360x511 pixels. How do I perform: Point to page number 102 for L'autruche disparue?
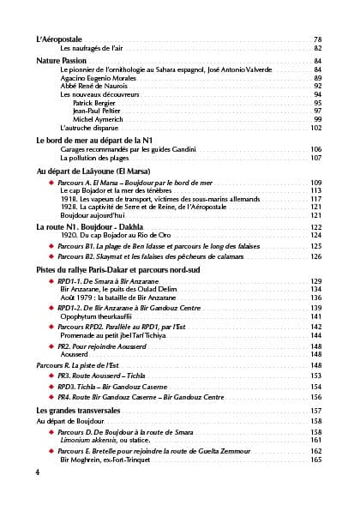[315, 128]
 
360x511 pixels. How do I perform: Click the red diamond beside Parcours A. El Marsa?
[51, 183]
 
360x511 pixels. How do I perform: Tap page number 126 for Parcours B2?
[315, 256]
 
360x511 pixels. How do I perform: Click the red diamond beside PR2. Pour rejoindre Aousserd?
[51, 346]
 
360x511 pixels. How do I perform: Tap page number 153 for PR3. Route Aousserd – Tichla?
[315, 376]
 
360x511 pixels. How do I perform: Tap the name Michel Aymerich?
[99, 119]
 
